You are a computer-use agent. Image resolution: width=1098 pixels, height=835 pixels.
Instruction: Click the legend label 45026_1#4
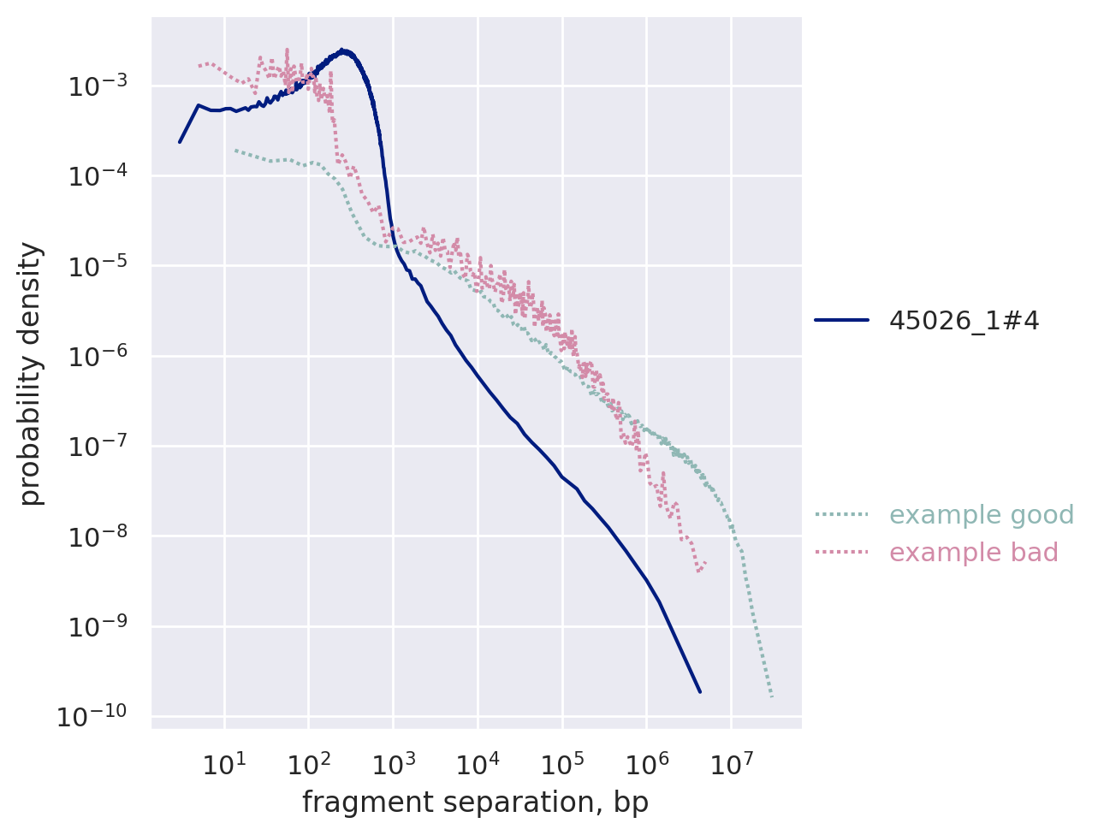[964, 320]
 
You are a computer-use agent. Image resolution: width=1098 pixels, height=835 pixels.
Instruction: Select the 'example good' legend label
[981, 515]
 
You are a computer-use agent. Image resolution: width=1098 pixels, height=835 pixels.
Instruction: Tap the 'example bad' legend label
[973, 553]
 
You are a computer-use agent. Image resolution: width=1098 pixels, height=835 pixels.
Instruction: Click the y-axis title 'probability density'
[31, 374]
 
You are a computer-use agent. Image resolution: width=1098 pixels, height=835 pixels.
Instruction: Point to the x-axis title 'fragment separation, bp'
[475, 802]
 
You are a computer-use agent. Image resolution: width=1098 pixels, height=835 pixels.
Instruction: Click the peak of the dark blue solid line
[341, 50]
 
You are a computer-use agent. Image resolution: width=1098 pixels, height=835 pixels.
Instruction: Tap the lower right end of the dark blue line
[700, 691]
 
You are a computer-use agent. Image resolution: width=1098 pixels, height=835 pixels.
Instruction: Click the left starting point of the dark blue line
[180, 142]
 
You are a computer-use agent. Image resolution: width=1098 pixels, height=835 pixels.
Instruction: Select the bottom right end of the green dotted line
[772, 697]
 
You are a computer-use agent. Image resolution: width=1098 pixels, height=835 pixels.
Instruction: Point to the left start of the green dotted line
[235, 151]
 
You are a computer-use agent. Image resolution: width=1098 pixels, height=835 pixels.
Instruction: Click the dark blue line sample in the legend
[841, 320]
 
